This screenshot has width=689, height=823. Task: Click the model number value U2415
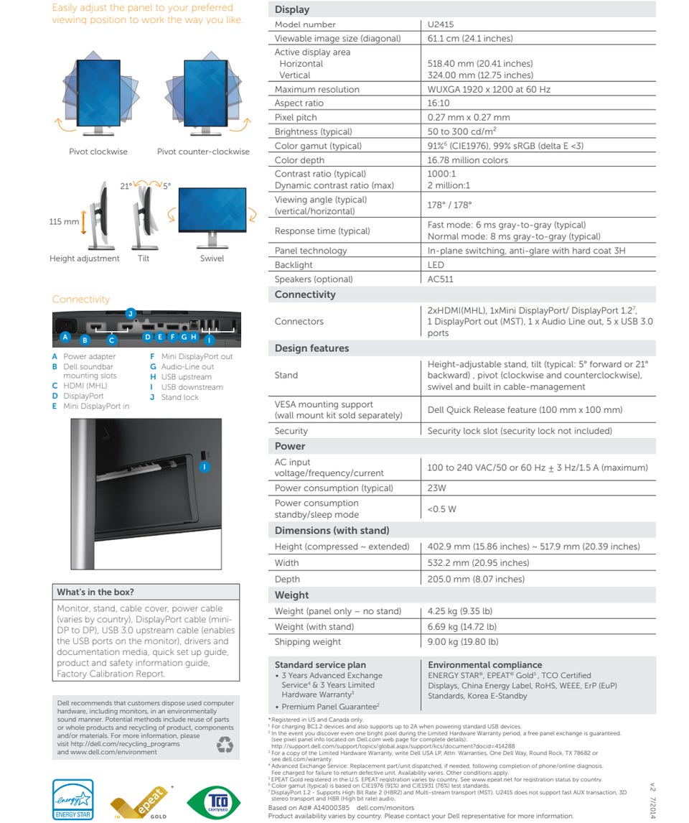[x=441, y=24]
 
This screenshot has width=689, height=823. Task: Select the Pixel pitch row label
[x=295, y=118]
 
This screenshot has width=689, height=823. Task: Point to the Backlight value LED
[x=436, y=265]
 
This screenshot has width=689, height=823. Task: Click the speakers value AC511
[x=440, y=279]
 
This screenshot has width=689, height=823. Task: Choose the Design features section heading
[x=311, y=348]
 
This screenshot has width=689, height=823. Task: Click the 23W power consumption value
[x=436, y=488]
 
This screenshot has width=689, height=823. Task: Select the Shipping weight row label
[x=307, y=642]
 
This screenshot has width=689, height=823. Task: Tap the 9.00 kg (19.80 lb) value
[x=462, y=642]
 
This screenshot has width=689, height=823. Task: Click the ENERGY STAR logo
[x=72, y=799]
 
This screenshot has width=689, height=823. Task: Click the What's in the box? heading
[x=95, y=592]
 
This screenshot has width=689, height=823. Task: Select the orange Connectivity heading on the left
[x=80, y=299]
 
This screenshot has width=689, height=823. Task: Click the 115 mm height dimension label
[x=64, y=222]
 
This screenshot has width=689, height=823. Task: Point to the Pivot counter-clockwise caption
[x=203, y=152]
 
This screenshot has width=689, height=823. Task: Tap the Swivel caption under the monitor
[x=212, y=259]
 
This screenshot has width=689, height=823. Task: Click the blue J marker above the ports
[x=130, y=313]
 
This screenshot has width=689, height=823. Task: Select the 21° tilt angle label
[x=126, y=186]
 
